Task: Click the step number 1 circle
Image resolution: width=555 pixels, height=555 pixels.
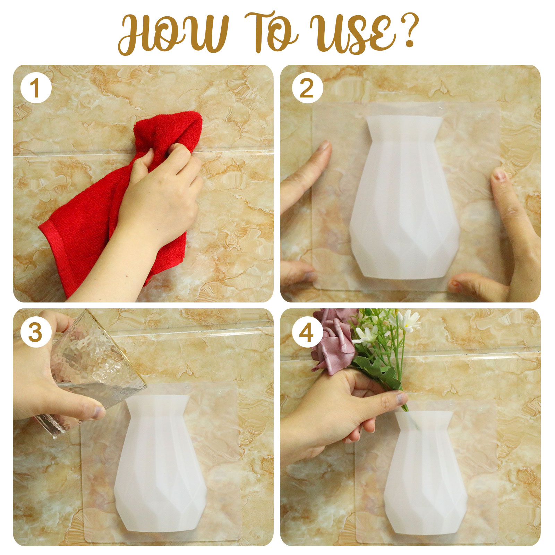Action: [x=36, y=88]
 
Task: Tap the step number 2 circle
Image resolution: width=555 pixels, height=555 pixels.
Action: [x=307, y=88]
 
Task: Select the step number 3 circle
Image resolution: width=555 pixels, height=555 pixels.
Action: [x=36, y=332]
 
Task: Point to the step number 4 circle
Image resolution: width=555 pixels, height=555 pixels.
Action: [x=307, y=332]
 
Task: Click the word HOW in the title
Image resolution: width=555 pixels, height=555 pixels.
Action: [x=173, y=34]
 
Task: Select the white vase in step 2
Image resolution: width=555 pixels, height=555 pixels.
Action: [x=404, y=198]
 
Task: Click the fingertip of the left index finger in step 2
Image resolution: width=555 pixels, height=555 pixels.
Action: [x=325, y=146]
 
